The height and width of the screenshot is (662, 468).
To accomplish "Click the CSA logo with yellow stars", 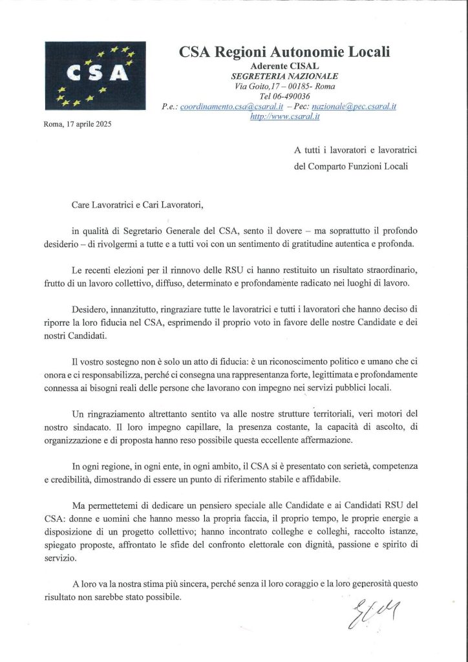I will click(95, 75).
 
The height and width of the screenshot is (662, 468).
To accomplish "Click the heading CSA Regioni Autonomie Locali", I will click(284, 52).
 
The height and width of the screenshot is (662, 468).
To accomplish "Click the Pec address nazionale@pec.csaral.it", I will click(354, 107).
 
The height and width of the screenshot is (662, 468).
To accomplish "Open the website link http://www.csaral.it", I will click(284, 117).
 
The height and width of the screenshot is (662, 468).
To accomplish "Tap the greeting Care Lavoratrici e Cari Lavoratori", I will click(137, 206).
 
